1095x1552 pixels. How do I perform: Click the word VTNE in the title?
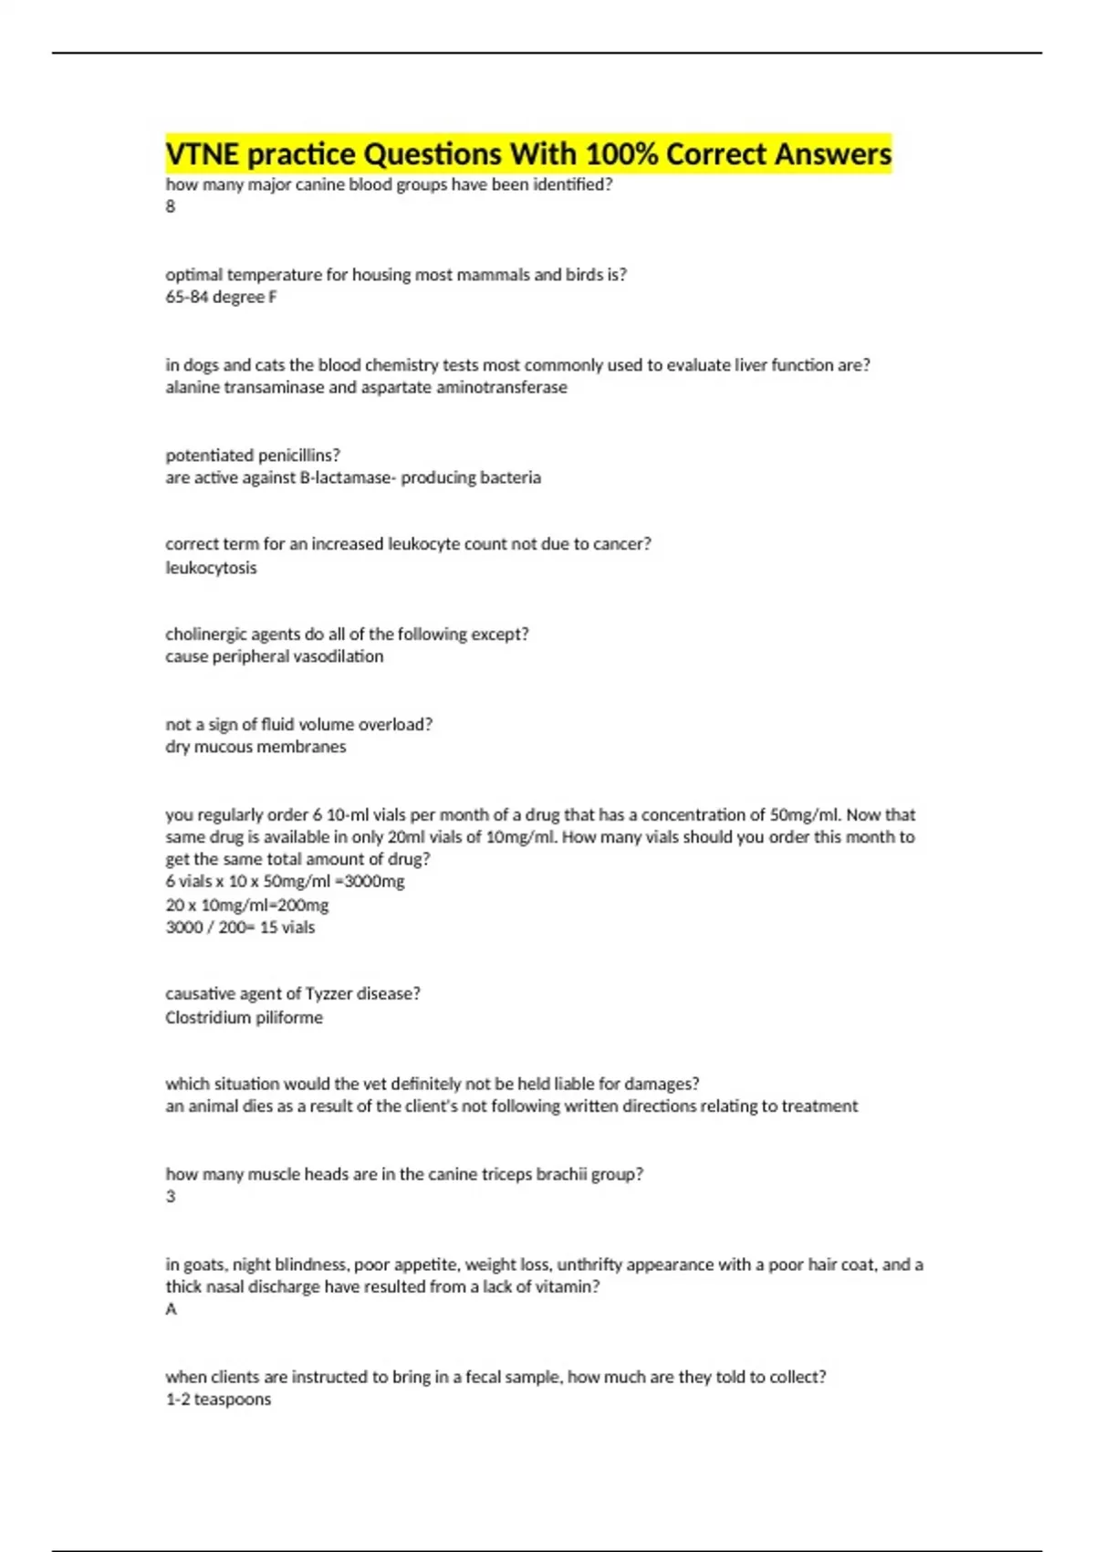(203, 154)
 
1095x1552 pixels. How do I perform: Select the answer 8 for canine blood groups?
(171, 207)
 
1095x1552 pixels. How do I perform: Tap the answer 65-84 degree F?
(221, 297)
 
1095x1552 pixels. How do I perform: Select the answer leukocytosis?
(211, 568)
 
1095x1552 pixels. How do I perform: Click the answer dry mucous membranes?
(255, 747)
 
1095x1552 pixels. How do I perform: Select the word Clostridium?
(203, 1018)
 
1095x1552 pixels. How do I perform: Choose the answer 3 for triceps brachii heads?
(171, 1197)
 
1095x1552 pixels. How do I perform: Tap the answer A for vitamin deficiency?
(171, 1310)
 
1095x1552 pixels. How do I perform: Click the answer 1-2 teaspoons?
(218, 1400)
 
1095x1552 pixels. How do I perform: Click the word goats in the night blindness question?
(203, 1265)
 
